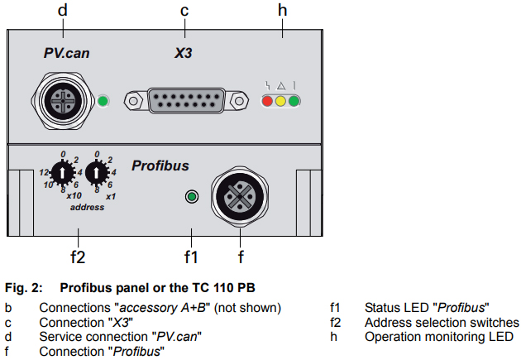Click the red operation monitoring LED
[267, 102]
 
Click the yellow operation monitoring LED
[280, 102]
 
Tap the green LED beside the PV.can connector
[103, 102]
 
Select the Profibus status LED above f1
[192, 197]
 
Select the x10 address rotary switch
[61, 172]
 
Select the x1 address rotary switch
[97, 172]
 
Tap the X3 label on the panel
[184, 54]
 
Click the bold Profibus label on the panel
[160, 166]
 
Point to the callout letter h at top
[283, 11]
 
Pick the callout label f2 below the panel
[77, 257]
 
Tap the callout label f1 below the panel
[191, 257]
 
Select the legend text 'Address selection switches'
[442, 323]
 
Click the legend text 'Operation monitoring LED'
[439, 337]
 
